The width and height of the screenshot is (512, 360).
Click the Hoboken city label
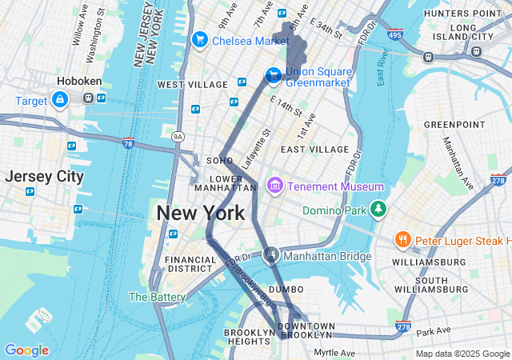(x=77, y=82)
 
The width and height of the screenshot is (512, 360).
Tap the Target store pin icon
(x=59, y=100)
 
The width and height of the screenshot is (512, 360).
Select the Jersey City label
(x=44, y=176)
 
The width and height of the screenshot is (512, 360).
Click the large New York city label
(x=200, y=213)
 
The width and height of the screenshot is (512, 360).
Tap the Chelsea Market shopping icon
(x=199, y=39)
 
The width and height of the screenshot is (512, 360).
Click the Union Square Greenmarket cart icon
(x=274, y=75)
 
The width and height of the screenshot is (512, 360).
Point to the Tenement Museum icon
(x=275, y=186)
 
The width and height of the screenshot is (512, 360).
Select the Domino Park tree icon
(x=377, y=210)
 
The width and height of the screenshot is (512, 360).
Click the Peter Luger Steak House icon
(x=402, y=240)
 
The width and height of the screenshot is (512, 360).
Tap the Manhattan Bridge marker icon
(x=271, y=255)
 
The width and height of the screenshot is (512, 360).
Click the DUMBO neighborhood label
(x=286, y=289)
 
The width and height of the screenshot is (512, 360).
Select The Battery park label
(x=158, y=297)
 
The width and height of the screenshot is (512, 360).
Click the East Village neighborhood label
(x=314, y=150)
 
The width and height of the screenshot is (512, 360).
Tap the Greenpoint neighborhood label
(x=450, y=125)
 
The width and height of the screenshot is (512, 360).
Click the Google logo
(x=26, y=350)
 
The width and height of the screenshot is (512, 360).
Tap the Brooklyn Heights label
(x=249, y=337)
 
